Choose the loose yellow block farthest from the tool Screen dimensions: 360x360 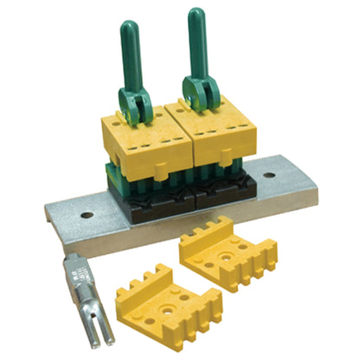point(228,255)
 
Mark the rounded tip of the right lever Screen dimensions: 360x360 point(192,16)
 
